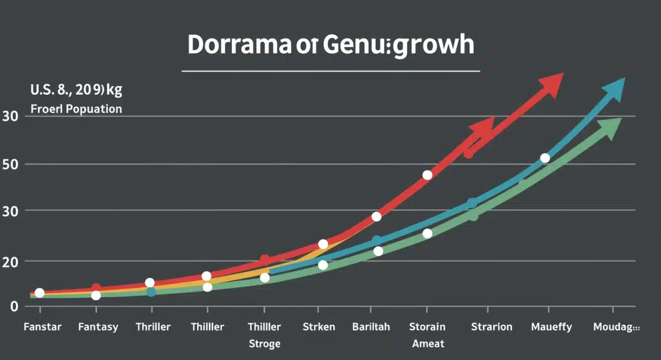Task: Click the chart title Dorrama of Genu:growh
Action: click(x=330, y=46)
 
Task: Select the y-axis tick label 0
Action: click(x=14, y=307)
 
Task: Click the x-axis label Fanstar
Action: click(x=42, y=327)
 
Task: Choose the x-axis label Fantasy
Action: click(x=98, y=327)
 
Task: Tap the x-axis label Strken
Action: click(x=318, y=327)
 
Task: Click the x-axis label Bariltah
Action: click(x=371, y=327)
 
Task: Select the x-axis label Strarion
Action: click(x=491, y=327)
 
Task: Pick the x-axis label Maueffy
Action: click(x=551, y=327)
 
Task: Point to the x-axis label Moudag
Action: click(x=616, y=327)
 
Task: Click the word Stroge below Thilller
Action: click(x=264, y=344)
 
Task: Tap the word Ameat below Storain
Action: click(x=428, y=344)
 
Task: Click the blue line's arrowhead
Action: click(x=613, y=90)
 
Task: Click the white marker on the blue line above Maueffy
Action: click(x=545, y=158)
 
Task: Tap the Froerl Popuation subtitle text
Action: click(x=76, y=109)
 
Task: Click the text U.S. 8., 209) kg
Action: click(x=76, y=90)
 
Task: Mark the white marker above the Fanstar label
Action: click(x=39, y=293)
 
